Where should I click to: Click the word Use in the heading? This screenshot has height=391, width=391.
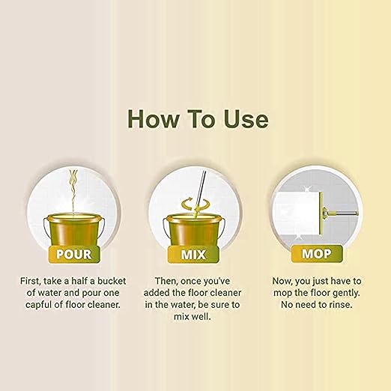tap(246, 118)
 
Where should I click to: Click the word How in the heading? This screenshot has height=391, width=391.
tap(153, 118)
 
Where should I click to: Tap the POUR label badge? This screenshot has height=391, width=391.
tap(74, 254)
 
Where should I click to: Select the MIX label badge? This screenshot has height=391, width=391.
tap(193, 254)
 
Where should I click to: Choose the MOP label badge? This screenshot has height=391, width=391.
tap(317, 253)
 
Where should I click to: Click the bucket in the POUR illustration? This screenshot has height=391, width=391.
tap(74, 230)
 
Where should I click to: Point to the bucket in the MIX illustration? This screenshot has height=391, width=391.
tap(194, 230)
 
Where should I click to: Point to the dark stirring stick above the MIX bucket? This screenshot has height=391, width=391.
tap(201, 188)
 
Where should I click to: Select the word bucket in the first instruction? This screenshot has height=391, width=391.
tap(112, 281)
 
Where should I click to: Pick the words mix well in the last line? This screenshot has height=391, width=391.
tap(193, 317)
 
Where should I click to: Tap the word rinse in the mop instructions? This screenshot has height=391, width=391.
tap(341, 305)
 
